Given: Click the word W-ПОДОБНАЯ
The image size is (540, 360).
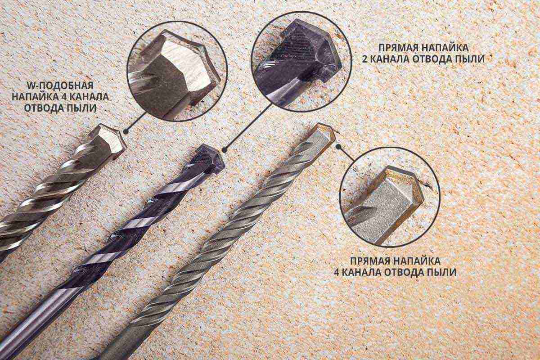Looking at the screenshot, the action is [59, 85].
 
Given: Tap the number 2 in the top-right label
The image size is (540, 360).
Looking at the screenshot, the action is [365, 59].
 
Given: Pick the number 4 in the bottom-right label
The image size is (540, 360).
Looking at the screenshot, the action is [337, 272].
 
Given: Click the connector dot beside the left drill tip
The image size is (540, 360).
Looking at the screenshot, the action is [126, 131].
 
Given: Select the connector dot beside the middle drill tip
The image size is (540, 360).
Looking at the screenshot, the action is [224, 150].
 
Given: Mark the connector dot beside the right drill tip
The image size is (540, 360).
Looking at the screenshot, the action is [339, 146].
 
